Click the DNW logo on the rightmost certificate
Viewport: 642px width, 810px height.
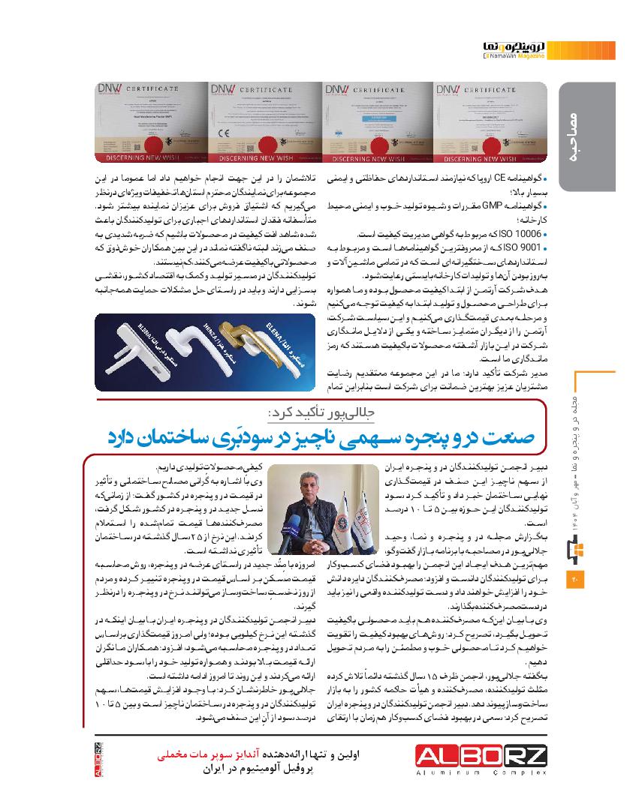point(449,90)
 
